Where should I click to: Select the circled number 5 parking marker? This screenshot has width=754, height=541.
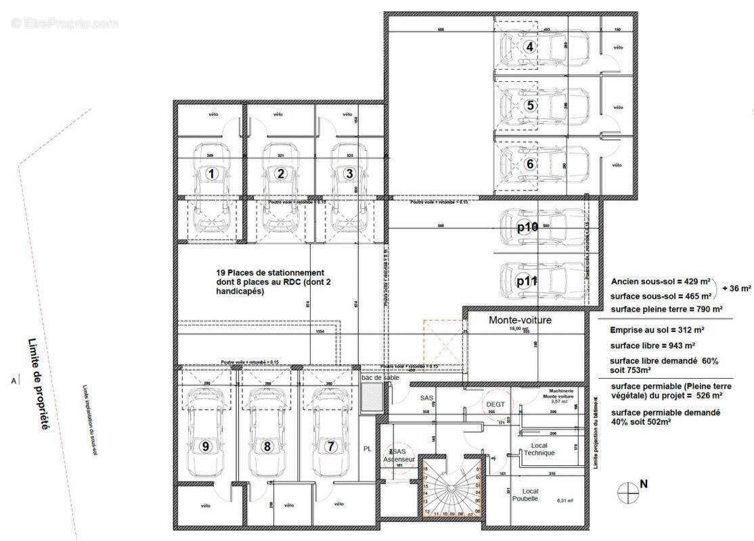pos(531,105)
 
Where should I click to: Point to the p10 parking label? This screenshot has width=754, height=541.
pos(527,227)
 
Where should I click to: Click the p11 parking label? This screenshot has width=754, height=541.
pos(527,282)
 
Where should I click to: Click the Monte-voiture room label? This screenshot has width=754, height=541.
pos(520,320)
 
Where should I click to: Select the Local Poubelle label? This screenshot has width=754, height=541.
pos(525,494)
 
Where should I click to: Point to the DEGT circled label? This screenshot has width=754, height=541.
pos(496,404)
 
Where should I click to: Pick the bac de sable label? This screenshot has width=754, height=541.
pos(380,377)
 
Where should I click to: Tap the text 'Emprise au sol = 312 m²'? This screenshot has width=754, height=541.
pos(657,330)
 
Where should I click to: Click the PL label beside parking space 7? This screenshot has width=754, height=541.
pos(368,448)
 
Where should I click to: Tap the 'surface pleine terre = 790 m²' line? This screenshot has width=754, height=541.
pos(660,309)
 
